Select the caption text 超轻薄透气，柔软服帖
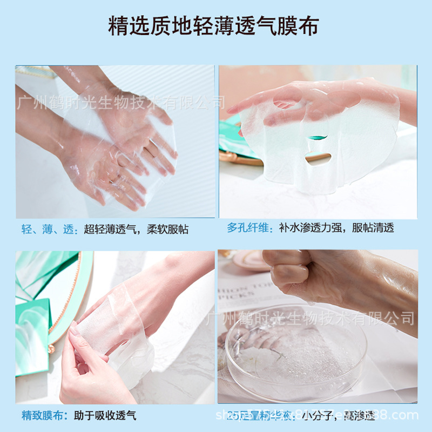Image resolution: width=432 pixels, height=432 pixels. (x=136, y=229)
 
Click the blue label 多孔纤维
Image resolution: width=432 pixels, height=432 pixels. (x=250, y=227)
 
